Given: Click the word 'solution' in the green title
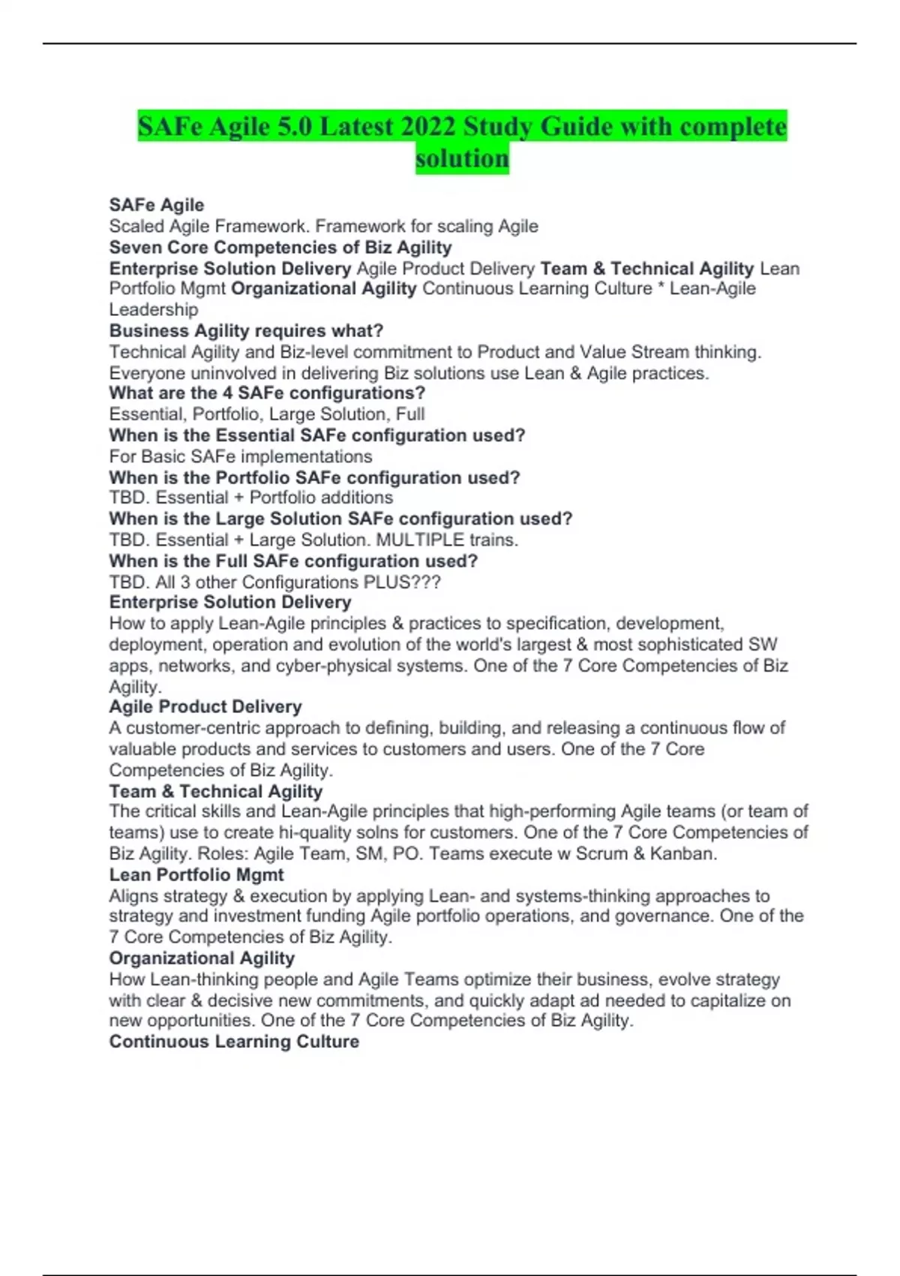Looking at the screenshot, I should [x=462, y=158].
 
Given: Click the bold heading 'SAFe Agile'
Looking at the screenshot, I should [x=157, y=205].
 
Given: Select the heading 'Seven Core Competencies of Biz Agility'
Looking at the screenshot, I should [x=280, y=248].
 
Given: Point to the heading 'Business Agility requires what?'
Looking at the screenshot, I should [x=246, y=331].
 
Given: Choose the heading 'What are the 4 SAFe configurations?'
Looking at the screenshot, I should [x=267, y=393].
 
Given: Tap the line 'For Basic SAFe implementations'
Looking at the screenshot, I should [x=240, y=456].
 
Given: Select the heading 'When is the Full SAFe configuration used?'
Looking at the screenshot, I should [x=293, y=561].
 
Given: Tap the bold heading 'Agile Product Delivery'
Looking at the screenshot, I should [x=205, y=707].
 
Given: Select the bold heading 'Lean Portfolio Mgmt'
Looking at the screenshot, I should [x=196, y=875].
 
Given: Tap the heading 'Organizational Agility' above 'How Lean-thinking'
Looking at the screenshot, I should [x=202, y=959].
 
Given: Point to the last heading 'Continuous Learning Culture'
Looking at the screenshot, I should [x=234, y=1042].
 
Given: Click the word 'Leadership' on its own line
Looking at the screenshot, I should [x=154, y=309].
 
